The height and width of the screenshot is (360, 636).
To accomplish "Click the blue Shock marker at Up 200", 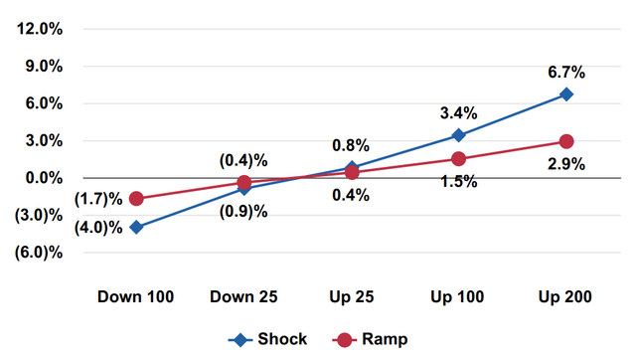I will click(565, 94).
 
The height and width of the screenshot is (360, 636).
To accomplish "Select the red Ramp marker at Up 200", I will click(565, 142).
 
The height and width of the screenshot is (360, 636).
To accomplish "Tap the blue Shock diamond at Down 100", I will click(136, 228).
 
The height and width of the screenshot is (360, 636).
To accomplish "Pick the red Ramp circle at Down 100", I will click(136, 199).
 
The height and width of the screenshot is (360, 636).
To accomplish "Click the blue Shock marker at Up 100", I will click(458, 135).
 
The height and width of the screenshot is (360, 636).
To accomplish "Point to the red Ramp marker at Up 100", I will click(458, 159).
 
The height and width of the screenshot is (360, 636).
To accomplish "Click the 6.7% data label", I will click(564, 73).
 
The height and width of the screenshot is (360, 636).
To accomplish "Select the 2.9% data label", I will click(564, 164).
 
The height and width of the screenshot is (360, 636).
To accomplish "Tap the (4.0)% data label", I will click(98, 228).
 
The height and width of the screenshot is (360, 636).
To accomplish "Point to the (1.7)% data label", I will click(98, 199).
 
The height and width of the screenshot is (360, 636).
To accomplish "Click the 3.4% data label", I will click(457, 111).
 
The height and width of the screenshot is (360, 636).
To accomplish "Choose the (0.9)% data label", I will click(243, 210).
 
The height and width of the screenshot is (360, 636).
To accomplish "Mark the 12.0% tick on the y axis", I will click(41, 29).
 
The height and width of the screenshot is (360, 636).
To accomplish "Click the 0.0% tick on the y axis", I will click(44, 178).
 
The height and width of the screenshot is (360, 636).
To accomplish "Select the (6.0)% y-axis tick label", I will click(41, 253).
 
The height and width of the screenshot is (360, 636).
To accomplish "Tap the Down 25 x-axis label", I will click(243, 296).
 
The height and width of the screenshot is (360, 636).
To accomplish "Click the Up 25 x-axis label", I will click(351, 296).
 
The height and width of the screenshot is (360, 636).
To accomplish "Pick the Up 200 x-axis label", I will click(564, 296).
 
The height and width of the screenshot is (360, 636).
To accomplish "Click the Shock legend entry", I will click(267, 339).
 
